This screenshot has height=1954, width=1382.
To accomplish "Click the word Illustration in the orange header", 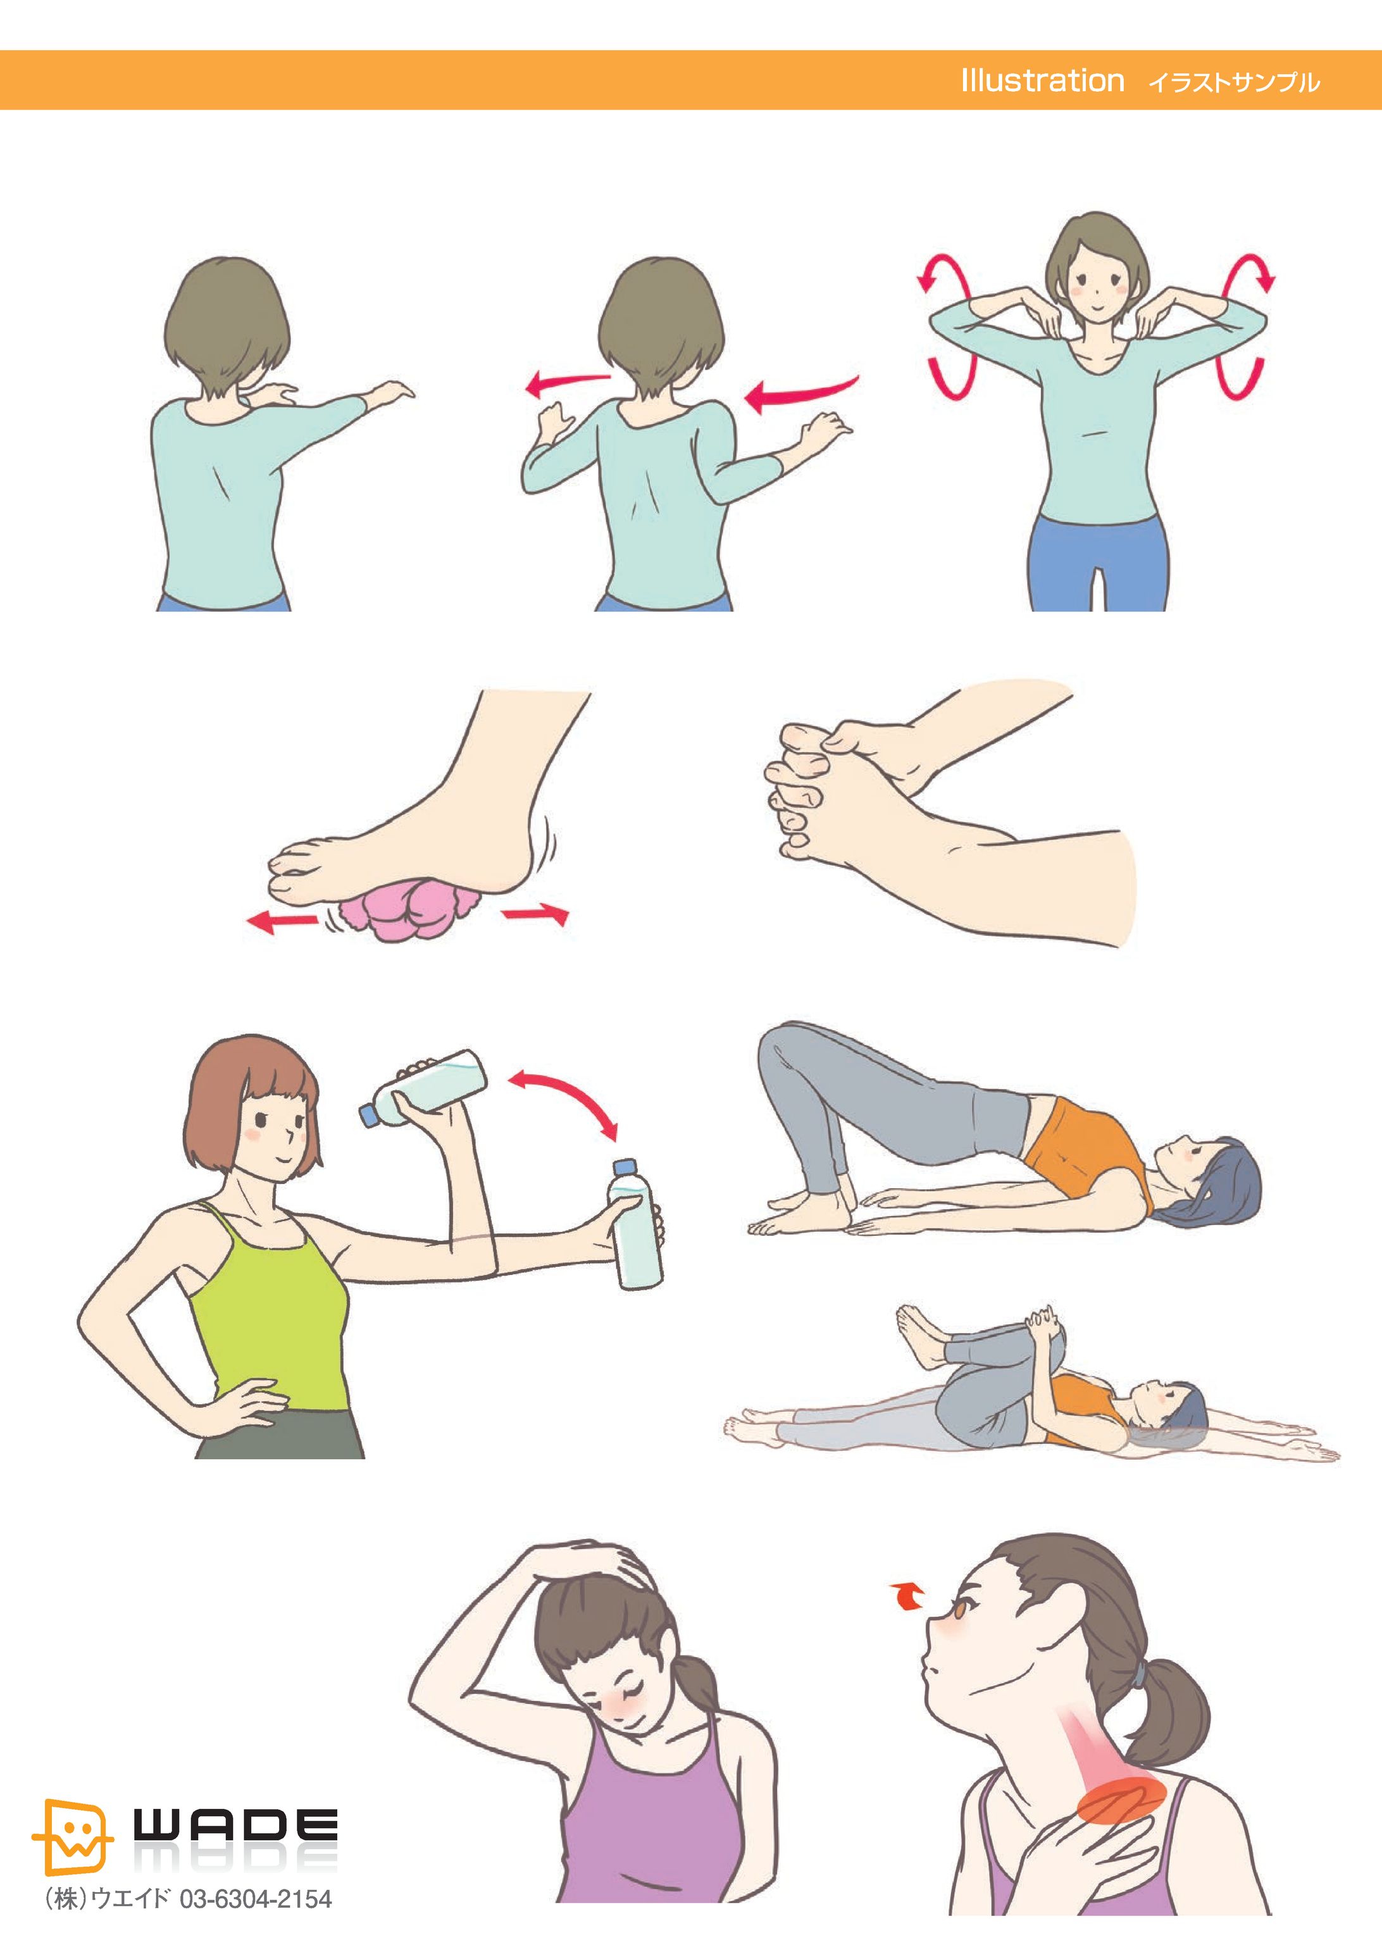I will coord(1042,81).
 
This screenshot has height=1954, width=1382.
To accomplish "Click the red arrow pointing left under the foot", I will coord(281,920).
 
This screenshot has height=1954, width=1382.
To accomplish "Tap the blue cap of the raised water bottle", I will coord(370,1114).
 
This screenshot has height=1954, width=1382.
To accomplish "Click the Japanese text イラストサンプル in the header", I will coord(1233,82).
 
